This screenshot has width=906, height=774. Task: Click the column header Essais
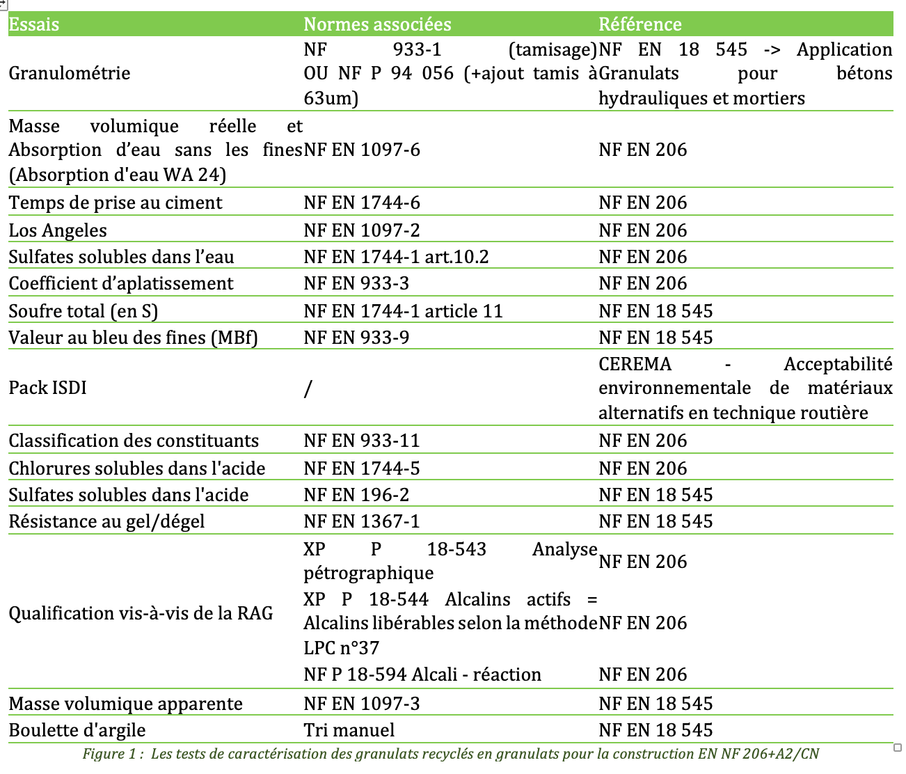[34, 24]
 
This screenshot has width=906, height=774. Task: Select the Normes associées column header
[377, 24]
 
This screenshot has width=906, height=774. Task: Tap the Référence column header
[639, 24]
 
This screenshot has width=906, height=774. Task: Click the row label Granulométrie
[70, 74]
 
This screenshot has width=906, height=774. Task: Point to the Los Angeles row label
[58, 230]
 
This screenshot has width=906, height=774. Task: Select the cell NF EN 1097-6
[362, 150]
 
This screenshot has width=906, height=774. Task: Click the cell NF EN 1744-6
[362, 203]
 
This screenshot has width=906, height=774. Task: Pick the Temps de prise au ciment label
[116, 203]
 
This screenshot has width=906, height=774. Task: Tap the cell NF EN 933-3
[356, 283]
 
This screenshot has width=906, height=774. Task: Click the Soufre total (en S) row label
[84, 311]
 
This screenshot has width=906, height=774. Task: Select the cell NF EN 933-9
[356, 338]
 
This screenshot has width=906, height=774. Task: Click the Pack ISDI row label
[48, 388]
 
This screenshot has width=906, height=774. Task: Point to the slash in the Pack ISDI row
[308, 388]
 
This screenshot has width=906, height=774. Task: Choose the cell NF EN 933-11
[362, 441]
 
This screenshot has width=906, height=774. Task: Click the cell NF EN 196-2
[356, 495]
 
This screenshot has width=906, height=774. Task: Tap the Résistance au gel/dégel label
[106, 521]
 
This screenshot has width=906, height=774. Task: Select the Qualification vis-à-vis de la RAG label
[141, 613]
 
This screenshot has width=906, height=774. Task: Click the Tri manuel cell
[349, 730]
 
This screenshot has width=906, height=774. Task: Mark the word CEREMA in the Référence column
[635, 364]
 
